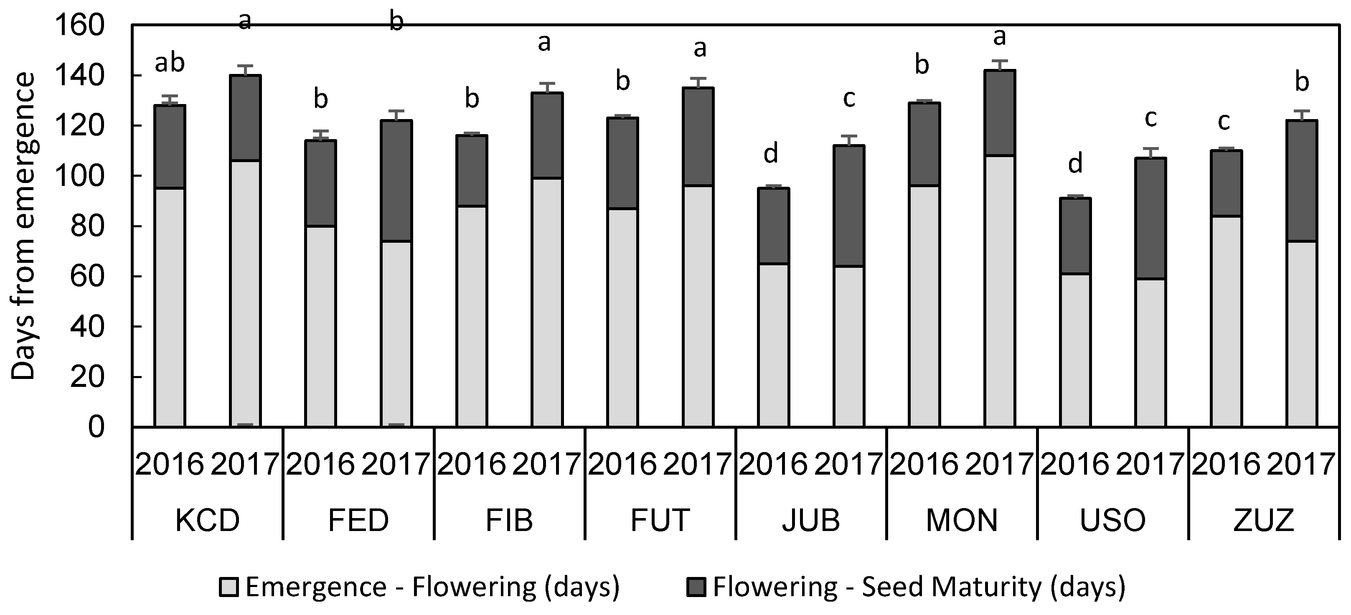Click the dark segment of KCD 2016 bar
click(x=170, y=146)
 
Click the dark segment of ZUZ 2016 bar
click(x=1226, y=183)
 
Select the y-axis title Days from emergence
click(x=23, y=226)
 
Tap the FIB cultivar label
click(x=509, y=520)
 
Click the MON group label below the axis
click(x=962, y=520)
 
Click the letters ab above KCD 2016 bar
click(x=170, y=63)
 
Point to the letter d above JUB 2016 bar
click(x=770, y=154)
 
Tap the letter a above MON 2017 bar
click(x=1000, y=37)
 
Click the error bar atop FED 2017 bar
click(x=396, y=115)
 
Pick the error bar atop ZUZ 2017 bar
click(x=1302, y=115)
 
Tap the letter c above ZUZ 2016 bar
click(x=1224, y=122)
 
